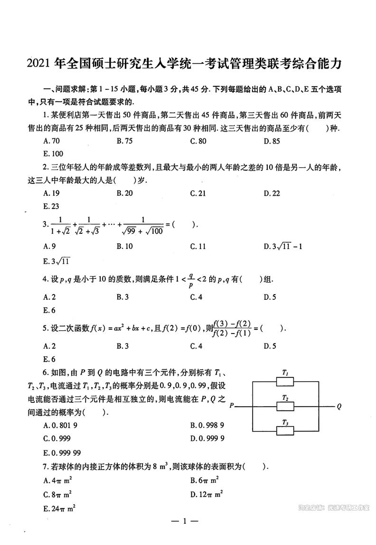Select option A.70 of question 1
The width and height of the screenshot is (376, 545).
(x=51, y=141)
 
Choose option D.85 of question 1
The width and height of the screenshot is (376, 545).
(x=272, y=141)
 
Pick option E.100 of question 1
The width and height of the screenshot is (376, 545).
(x=53, y=153)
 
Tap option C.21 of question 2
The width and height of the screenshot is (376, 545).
(x=198, y=193)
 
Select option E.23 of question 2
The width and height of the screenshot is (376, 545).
(x=51, y=206)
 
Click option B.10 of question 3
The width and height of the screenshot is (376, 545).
(x=125, y=246)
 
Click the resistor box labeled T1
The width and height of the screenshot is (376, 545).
(x=285, y=381)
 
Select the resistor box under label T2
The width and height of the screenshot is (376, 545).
(x=285, y=406)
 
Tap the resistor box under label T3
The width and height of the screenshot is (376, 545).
(x=285, y=431)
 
